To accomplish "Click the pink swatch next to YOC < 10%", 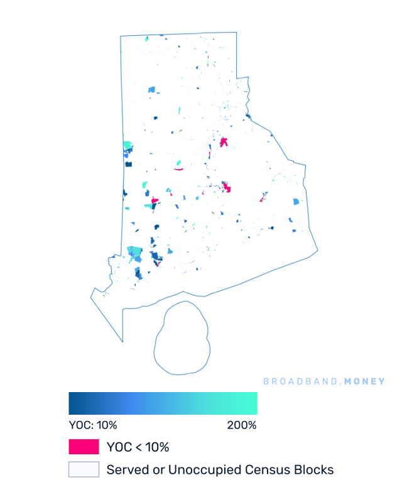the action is pos(84,447).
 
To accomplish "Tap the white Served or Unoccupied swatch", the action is pos(84,469).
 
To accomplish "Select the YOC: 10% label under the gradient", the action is pos(92,425).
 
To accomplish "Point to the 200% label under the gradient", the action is pos(242,425).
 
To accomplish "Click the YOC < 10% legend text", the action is pos(138,447).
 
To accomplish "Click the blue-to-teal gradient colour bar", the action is pos(163,403).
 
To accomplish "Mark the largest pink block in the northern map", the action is pos(224,142).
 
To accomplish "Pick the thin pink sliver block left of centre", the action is pos(179,169).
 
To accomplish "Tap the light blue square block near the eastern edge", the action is pos(296,202).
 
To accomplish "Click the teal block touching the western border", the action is pos(128,146).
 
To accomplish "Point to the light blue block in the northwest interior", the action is pos(151,90).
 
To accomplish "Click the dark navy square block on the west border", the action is pos(129,164).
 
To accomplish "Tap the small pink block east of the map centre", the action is pos(261,200).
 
